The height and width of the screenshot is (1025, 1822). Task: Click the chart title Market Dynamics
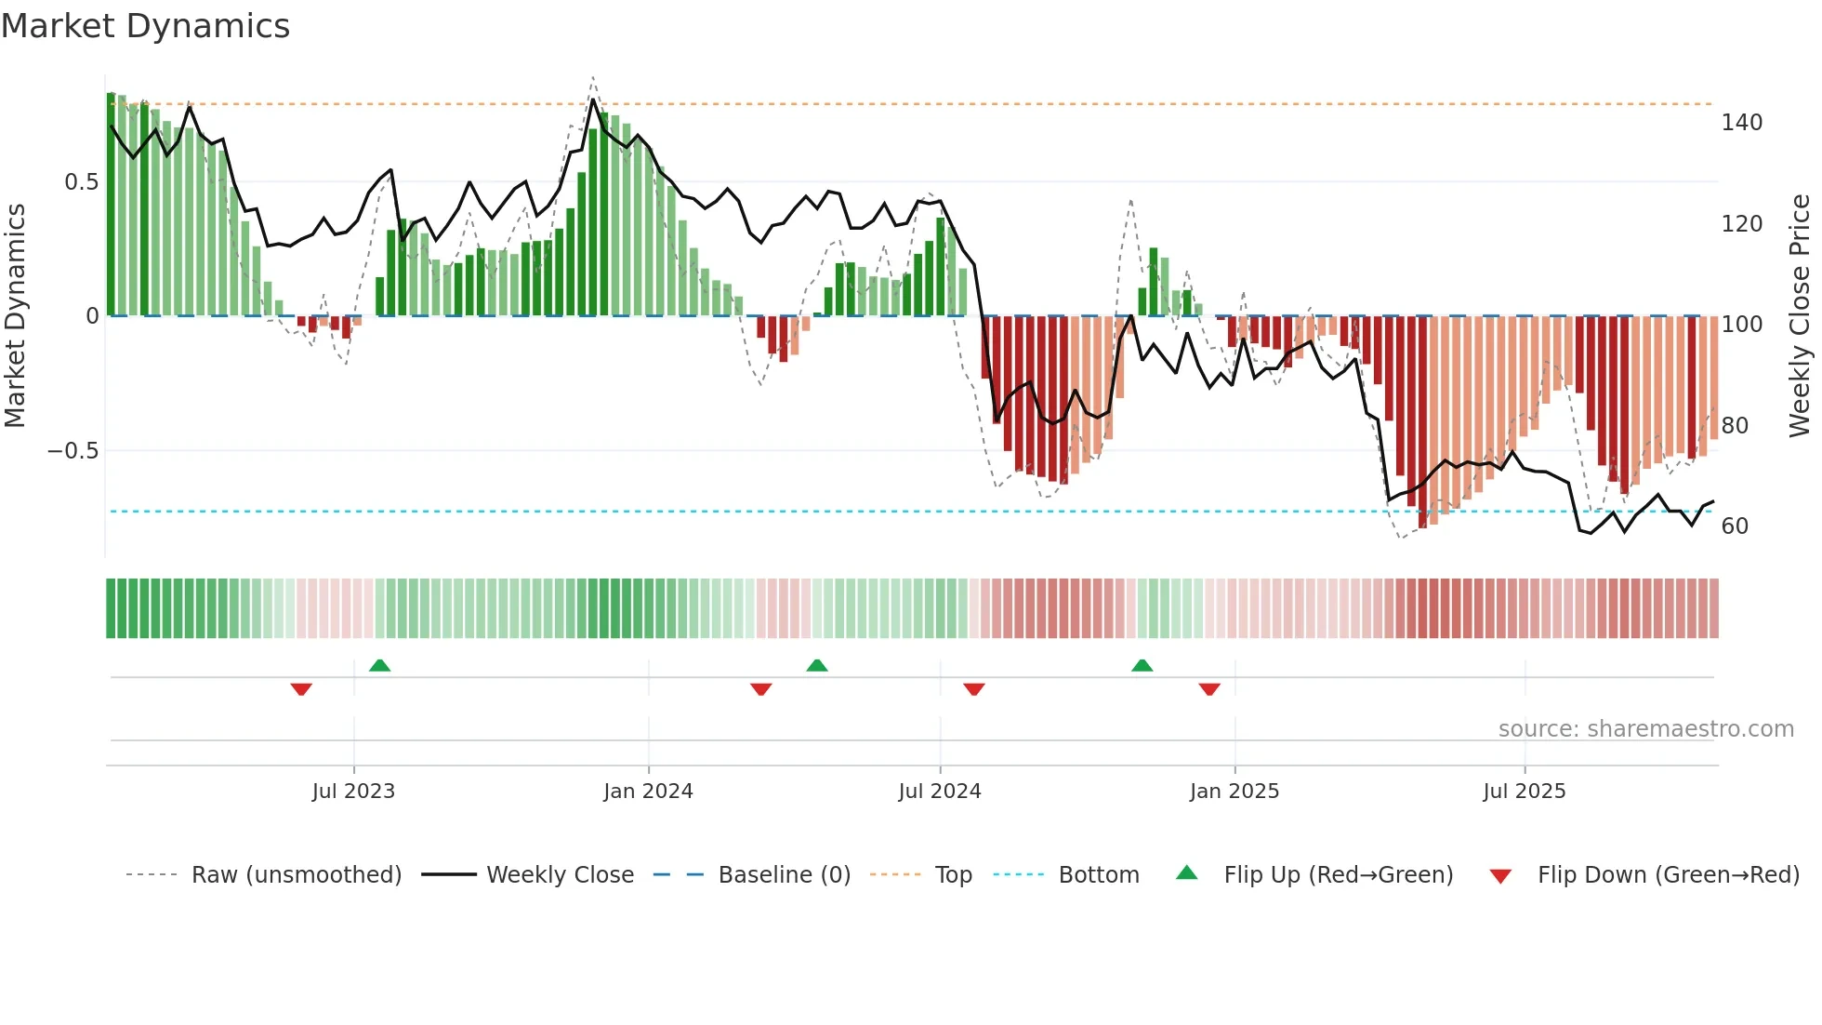pyautogui.click(x=145, y=26)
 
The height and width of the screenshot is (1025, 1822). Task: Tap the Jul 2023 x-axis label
pyautogui.click(x=353, y=792)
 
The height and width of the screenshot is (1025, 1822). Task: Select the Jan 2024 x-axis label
pyautogui.click(x=648, y=792)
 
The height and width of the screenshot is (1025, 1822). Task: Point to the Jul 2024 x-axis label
pyautogui.click(x=940, y=792)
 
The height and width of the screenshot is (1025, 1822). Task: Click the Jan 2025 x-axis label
pyautogui.click(x=1234, y=792)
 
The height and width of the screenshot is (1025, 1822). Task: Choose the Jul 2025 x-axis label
pyautogui.click(x=1525, y=792)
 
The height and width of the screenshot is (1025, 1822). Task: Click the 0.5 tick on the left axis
pyautogui.click(x=82, y=182)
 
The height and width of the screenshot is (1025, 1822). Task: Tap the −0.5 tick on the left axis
pyautogui.click(x=73, y=451)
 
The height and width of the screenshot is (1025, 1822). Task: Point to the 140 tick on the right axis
pyautogui.click(x=1741, y=123)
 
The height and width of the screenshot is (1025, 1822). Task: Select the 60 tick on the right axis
pyautogui.click(x=1735, y=526)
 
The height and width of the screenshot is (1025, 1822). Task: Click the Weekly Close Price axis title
pyautogui.click(x=1800, y=316)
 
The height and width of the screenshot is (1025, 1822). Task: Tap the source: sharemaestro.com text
pyautogui.click(x=1645, y=729)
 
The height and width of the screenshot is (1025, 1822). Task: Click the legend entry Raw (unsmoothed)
pyautogui.click(x=296, y=875)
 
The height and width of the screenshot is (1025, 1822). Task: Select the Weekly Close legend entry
pyautogui.click(x=560, y=875)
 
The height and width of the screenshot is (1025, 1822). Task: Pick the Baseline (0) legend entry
pyautogui.click(x=784, y=875)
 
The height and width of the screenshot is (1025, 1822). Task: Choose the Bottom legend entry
pyautogui.click(x=1098, y=875)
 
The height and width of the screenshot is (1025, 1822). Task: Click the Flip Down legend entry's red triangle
pyautogui.click(x=1500, y=876)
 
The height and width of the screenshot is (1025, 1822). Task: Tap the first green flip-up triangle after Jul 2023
pyautogui.click(x=379, y=666)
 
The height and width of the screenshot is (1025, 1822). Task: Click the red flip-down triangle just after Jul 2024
pyautogui.click(x=974, y=689)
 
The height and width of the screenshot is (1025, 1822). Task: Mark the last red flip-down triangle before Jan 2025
pyautogui.click(x=1209, y=689)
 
